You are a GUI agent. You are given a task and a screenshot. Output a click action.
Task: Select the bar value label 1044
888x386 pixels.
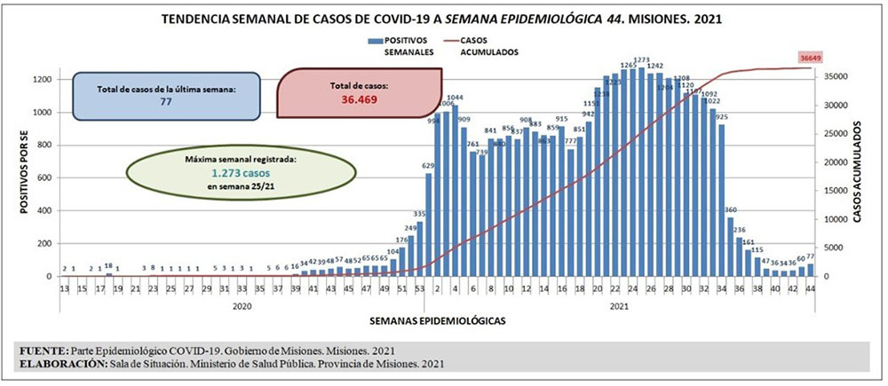pyautogui.click(x=456, y=97)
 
